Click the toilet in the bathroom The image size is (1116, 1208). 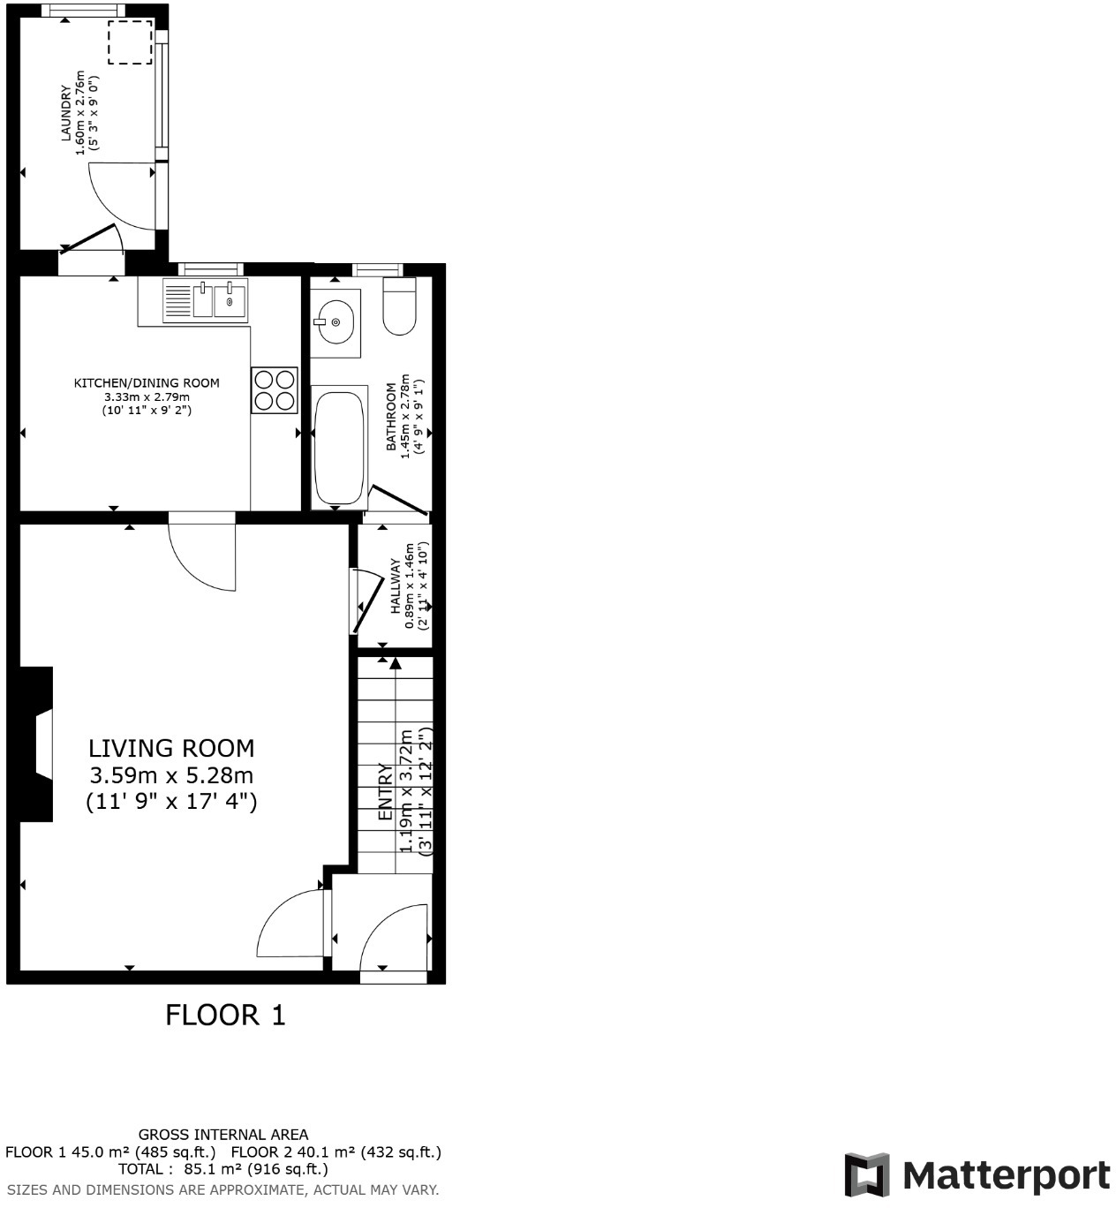coord(399,306)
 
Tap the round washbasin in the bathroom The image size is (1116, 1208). coord(336,322)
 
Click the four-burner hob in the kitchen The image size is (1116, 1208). coord(274,389)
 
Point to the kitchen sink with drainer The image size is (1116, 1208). coord(206,300)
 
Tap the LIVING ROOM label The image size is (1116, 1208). coord(171,749)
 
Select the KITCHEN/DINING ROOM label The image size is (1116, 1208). coord(147,383)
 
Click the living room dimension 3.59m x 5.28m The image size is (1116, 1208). coord(171,775)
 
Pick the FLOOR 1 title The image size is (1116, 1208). coord(226,1015)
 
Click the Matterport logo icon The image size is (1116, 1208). coord(866,1175)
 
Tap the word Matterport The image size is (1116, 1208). coord(1007,1176)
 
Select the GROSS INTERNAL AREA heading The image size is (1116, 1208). coord(223,1135)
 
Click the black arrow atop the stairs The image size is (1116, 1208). coord(395,662)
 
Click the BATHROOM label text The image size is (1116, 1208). coord(391,417)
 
